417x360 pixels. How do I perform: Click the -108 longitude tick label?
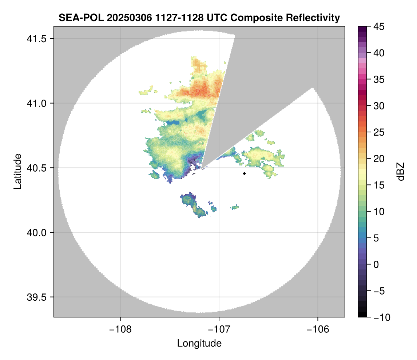(x=120, y=329)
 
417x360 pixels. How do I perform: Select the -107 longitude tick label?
(x=219, y=329)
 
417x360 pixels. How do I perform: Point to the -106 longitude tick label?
(x=318, y=329)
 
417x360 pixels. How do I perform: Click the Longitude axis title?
(x=199, y=343)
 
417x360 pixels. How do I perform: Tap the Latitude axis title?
(x=17, y=171)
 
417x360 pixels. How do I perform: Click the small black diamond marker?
(x=244, y=173)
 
